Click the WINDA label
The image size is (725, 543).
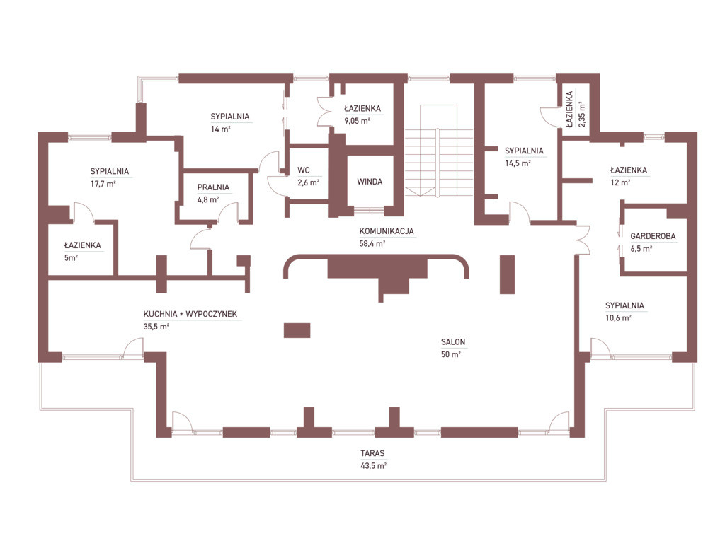370,182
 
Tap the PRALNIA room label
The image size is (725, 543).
213,187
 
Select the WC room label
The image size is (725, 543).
303,170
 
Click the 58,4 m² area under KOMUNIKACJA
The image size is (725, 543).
372,244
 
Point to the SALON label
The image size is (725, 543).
453,342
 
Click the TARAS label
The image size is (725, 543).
372,453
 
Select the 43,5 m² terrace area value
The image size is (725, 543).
373,466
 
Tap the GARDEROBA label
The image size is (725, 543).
653,236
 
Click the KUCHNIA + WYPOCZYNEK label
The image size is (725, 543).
190,314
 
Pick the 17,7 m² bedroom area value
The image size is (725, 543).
103,184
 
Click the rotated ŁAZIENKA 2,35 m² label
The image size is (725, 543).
575,110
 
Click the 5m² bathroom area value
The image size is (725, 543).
71,258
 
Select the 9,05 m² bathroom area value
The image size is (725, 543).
357,121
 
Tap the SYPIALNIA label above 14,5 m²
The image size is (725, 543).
524,151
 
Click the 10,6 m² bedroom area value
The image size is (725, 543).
618,318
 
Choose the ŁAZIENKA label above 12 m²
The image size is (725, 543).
629,170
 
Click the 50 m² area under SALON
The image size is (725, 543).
451,355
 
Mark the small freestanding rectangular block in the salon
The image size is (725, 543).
297,330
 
